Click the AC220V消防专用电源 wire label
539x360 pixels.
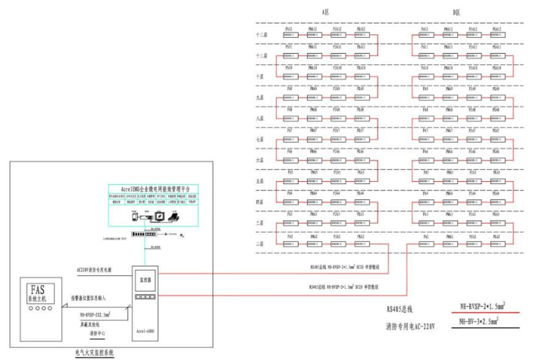coord(96,269)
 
